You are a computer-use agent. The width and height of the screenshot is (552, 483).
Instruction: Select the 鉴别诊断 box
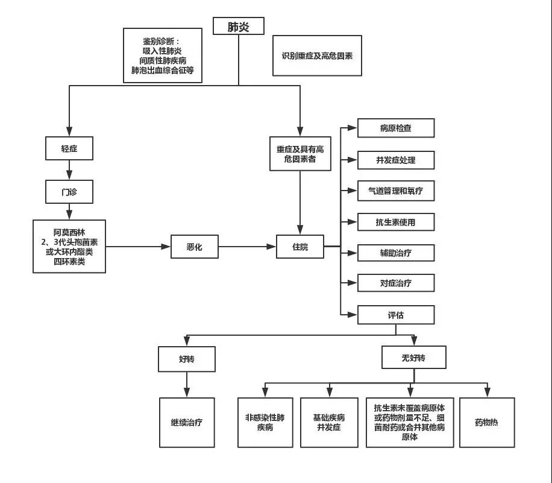pyautogui.click(x=161, y=55)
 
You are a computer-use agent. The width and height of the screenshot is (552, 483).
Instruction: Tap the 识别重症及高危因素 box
pyautogui.click(x=317, y=55)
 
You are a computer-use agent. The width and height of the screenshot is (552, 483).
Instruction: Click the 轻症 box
pyautogui.click(x=69, y=148)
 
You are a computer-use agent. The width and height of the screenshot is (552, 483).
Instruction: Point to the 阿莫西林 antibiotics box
pyautogui.click(x=69, y=246)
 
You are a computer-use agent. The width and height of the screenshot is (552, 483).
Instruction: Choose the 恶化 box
pyautogui.click(x=194, y=247)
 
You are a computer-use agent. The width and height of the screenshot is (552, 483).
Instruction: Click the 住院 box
pyautogui.click(x=300, y=247)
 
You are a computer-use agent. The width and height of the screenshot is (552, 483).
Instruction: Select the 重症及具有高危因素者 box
pyautogui.click(x=300, y=154)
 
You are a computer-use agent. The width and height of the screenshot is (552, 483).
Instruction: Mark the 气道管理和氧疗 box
pyautogui.click(x=395, y=191)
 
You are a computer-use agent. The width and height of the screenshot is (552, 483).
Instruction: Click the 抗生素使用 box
pyautogui.click(x=395, y=222)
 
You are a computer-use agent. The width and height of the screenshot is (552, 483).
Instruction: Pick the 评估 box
pyautogui.click(x=395, y=315)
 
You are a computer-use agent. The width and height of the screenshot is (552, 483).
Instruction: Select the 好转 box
pyautogui.click(x=187, y=359)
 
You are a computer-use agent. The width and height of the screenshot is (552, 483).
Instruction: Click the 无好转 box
pyautogui.click(x=413, y=358)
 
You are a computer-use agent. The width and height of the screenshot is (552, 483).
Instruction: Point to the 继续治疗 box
pyautogui.click(x=187, y=422)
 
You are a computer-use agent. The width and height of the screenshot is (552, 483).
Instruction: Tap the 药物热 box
pyautogui.click(x=487, y=422)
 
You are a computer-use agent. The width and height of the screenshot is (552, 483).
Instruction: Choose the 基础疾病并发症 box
pyautogui.click(x=329, y=422)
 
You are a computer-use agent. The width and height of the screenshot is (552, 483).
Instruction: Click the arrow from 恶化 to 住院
pyautogui.click(x=247, y=247)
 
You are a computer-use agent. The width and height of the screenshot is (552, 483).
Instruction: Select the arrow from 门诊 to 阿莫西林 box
pyautogui.click(x=69, y=212)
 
